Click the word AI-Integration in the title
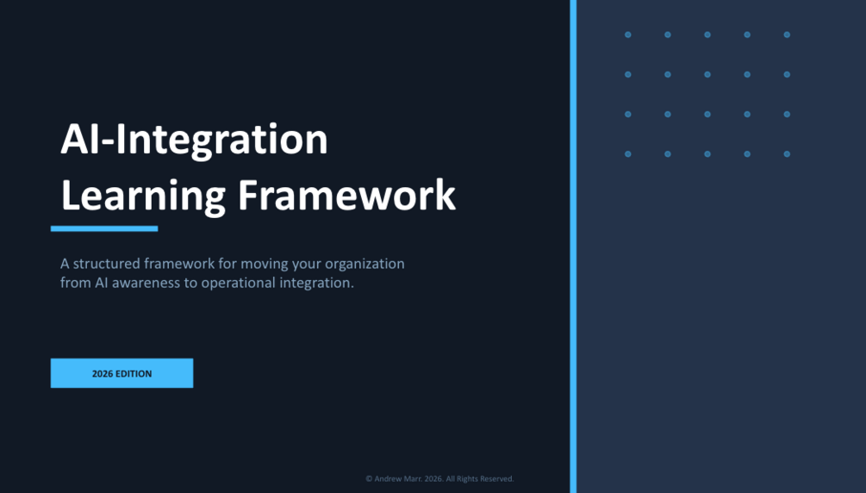(x=195, y=140)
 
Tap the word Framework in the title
(x=347, y=195)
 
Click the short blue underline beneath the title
(x=104, y=228)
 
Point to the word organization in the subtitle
(x=364, y=265)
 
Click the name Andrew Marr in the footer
(x=398, y=478)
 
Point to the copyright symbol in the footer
(x=369, y=478)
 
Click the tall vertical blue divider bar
(x=573, y=246)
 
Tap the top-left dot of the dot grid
(x=628, y=34)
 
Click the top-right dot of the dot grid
(x=787, y=34)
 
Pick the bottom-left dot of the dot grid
(x=628, y=154)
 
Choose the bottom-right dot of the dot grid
(x=787, y=154)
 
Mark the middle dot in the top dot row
(x=707, y=34)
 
